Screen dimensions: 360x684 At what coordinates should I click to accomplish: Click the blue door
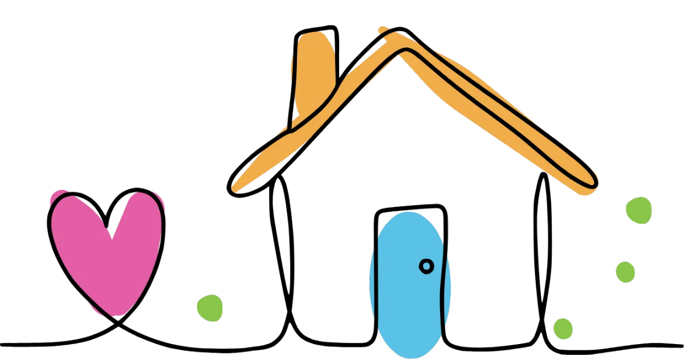(409, 285)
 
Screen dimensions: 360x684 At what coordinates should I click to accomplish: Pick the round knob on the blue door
(426, 265)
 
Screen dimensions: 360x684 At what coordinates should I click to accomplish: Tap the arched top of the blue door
(408, 219)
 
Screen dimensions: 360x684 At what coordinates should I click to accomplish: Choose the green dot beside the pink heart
(210, 308)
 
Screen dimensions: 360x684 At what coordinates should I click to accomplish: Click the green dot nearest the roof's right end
(638, 210)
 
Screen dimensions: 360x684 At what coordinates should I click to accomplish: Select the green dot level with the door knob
(625, 272)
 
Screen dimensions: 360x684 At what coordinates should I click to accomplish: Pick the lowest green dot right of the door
(563, 329)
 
